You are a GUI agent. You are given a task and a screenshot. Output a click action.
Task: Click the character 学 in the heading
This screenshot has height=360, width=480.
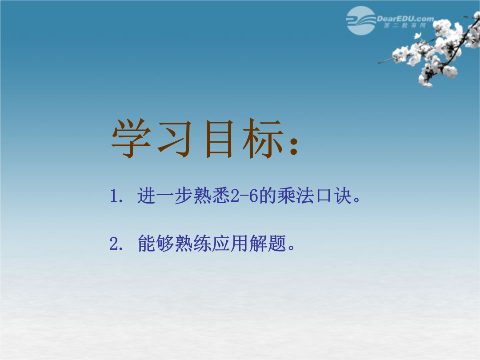131,138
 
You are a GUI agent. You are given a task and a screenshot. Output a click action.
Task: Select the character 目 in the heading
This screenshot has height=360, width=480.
219,139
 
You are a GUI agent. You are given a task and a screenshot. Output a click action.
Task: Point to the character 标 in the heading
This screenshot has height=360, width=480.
263,138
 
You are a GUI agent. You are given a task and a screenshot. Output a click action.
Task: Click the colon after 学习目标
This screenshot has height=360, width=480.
294,146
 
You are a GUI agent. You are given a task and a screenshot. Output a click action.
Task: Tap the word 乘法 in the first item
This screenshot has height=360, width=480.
296,196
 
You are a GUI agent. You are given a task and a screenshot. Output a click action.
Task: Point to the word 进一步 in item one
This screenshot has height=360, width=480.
165,196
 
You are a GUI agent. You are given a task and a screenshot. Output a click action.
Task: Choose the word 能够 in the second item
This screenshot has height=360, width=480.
156,244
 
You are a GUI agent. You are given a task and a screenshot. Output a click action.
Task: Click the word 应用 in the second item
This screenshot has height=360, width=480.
230,244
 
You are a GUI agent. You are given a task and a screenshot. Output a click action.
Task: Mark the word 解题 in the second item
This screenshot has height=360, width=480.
268,244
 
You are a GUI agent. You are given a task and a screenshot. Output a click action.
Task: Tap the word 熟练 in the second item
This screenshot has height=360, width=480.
193,244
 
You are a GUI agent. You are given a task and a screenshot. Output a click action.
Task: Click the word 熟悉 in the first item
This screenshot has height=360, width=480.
212,196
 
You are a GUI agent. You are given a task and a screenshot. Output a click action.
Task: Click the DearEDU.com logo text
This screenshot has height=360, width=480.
405,19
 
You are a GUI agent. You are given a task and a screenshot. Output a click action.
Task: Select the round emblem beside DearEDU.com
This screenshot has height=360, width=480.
361,20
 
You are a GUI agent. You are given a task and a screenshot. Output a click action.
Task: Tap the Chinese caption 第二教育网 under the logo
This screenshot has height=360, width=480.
405,25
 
